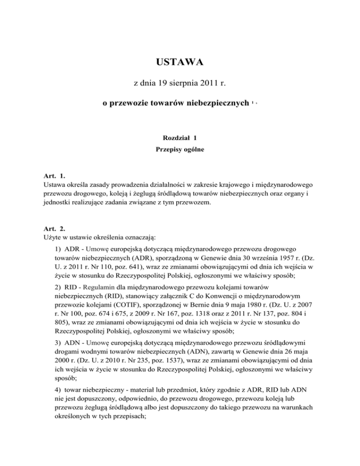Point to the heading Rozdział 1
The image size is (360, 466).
180,138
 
